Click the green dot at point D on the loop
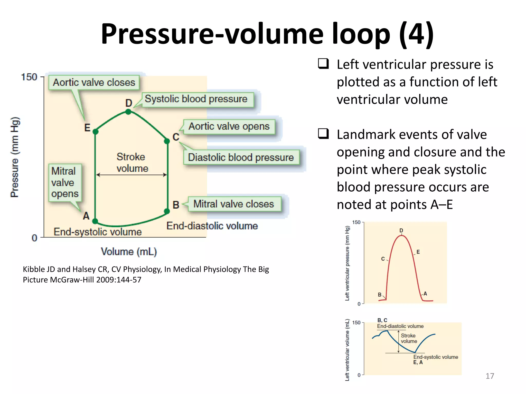click(128, 112)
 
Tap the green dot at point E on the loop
click(95, 132)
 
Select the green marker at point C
click(167, 141)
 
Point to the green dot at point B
click(167, 211)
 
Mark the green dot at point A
click(95, 221)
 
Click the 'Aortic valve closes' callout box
click(94, 83)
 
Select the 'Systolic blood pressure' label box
click(196, 99)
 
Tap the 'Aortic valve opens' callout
click(229, 127)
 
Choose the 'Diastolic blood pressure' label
click(241, 157)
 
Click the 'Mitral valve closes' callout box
click(234, 204)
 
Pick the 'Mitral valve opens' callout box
click(65, 182)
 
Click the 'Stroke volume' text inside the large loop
click(131, 163)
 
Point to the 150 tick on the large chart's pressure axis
click(29, 77)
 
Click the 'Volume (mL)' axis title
click(129, 252)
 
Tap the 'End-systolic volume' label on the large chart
click(98, 232)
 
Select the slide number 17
click(490, 376)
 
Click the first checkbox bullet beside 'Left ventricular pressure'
click(323, 64)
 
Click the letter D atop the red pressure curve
click(401, 231)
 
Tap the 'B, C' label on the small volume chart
click(382, 320)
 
